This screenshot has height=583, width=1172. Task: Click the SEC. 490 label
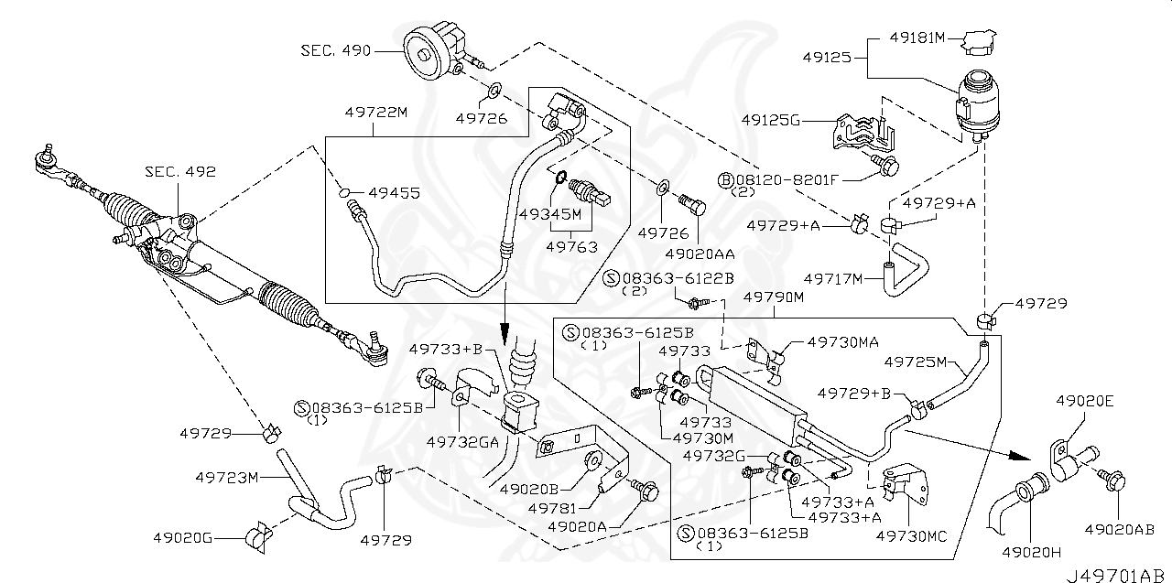tap(336, 50)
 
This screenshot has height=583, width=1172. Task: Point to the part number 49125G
tap(771, 120)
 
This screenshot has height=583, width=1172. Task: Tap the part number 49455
tap(394, 193)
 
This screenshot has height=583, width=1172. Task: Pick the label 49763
tap(571, 247)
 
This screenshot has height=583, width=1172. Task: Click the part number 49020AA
tap(700, 253)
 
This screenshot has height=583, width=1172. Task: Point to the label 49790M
tap(773, 297)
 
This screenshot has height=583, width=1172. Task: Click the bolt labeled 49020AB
tap(1116, 484)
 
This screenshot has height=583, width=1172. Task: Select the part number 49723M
tap(229, 477)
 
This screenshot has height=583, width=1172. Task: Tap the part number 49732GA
tap(461, 441)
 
